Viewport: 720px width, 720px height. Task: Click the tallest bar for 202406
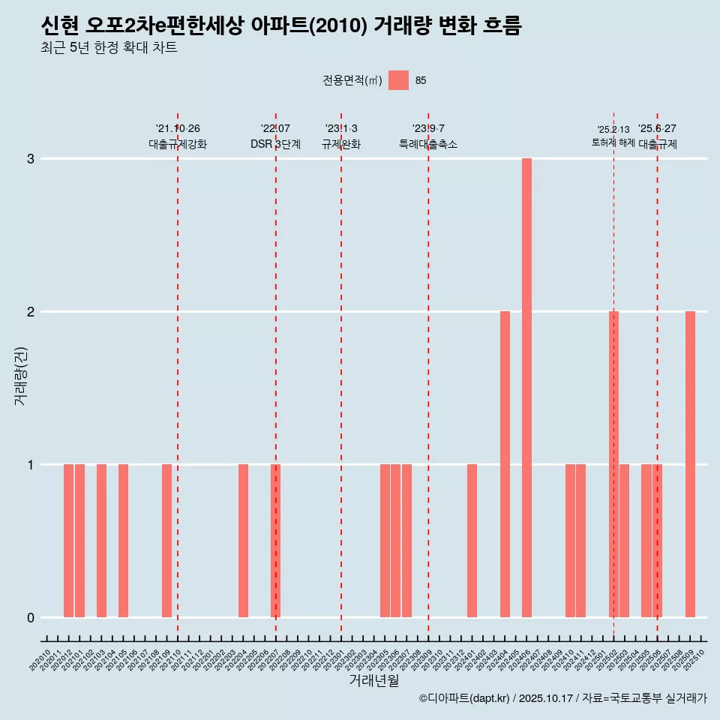point(526,388)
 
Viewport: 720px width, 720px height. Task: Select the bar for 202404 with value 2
point(505,464)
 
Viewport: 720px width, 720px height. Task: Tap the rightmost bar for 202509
point(690,464)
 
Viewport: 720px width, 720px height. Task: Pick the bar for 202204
point(243,541)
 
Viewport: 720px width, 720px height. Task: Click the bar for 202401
point(472,541)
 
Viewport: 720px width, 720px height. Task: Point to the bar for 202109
point(166,541)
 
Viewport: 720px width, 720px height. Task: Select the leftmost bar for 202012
point(68,541)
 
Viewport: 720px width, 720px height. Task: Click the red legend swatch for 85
point(398,80)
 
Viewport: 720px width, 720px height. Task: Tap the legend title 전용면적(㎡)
point(352,81)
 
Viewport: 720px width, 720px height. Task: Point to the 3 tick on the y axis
point(31,159)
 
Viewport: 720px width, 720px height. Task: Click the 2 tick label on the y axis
point(31,312)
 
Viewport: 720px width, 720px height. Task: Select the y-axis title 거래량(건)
point(20,376)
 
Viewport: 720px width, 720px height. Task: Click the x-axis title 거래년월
point(373,680)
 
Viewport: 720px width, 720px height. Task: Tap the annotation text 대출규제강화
point(178,144)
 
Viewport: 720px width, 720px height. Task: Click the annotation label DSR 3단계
point(275,144)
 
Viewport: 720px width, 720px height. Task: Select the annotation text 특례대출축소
point(428,144)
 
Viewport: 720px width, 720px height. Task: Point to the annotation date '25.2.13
point(613,130)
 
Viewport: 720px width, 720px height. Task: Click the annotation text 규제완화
point(341,144)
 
